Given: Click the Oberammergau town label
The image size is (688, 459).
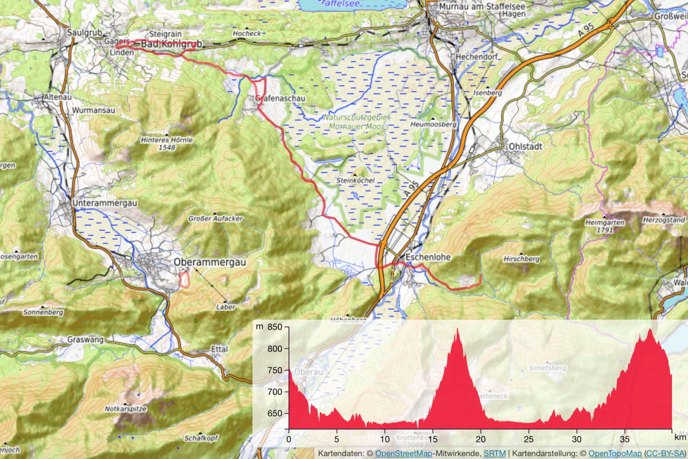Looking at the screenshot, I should [x=210, y=262].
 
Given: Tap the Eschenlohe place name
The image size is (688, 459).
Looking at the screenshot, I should [x=428, y=257].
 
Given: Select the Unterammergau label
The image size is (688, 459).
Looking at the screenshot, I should [x=105, y=203].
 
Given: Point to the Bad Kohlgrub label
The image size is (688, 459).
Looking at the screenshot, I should [x=171, y=44].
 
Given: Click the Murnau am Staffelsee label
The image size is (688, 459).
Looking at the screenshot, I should [x=482, y=6].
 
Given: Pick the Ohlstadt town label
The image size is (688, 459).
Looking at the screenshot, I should [x=525, y=147].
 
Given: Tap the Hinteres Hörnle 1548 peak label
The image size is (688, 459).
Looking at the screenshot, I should [x=167, y=144].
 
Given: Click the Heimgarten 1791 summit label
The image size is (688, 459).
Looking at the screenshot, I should [x=605, y=226].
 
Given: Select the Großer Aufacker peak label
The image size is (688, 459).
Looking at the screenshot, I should [x=215, y=219].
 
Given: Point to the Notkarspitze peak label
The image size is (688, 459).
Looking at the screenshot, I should [x=125, y=409].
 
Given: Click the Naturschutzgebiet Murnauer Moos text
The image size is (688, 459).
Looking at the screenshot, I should [x=357, y=122].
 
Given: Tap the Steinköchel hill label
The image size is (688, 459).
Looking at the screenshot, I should [x=355, y=181].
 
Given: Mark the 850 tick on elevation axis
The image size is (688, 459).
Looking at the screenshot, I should [x=275, y=327].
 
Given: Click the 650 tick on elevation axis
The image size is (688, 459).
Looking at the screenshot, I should [x=275, y=413].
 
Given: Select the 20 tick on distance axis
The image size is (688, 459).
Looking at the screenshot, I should [x=480, y=439].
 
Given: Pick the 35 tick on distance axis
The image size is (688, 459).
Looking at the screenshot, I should [x=625, y=439].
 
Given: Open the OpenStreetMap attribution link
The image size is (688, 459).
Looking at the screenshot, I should [x=404, y=453].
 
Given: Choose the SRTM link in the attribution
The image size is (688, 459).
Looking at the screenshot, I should [x=494, y=453].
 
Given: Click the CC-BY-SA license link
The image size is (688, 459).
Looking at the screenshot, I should [x=665, y=453].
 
